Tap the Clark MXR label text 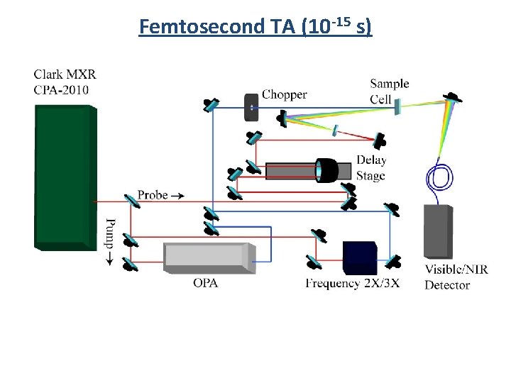(65, 74)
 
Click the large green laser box (64, 177)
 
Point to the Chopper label (285, 94)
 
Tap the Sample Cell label (389, 91)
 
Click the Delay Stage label (370, 169)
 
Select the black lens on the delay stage (327, 170)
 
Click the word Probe (153, 194)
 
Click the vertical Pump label (109, 242)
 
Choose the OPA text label (205, 283)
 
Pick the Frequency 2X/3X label (353, 284)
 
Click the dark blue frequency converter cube (359, 257)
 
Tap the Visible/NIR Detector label (456, 277)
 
